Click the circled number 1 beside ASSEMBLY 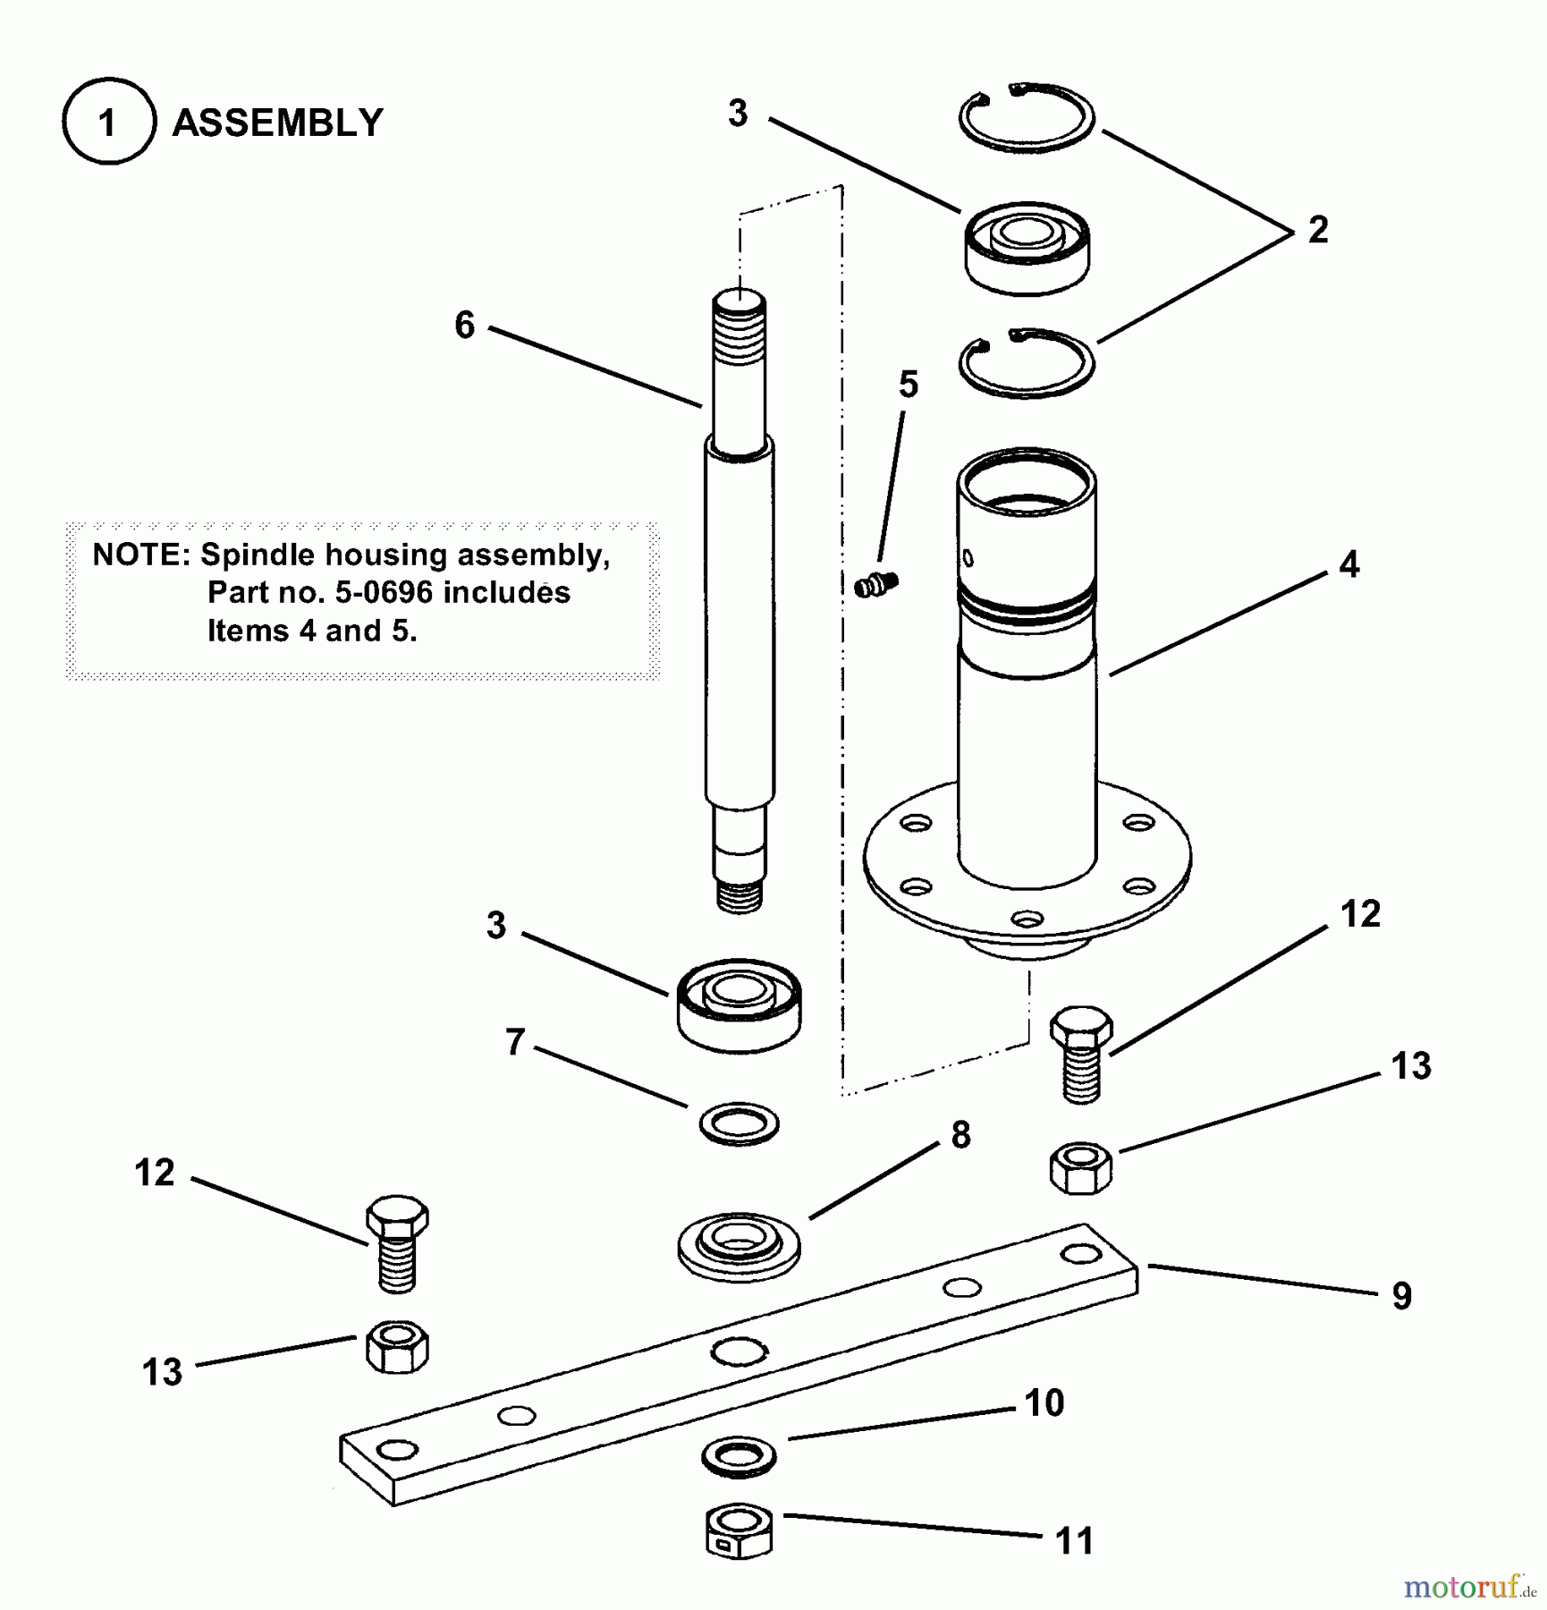pyautogui.click(x=108, y=123)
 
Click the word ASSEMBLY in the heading pyautogui.click(x=277, y=123)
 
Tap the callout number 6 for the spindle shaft pyautogui.click(x=464, y=325)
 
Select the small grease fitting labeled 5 pyautogui.click(x=876, y=586)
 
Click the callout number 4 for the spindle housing pyautogui.click(x=1348, y=564)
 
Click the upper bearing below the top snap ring pyautogui.click(x=1027, y=248)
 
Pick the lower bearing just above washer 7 pyautogui.click(x=739, y=1004)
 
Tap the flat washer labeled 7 pyautogui.click(x=739, y=1123)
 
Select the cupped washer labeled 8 pyautogui.click(x=739, y=1246)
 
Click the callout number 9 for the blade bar pyautogui.click(x=1401, y=1296)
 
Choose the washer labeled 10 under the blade pyautogui.click(x=739, y=1457)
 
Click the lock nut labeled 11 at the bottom pyautogui.click(x=739, y=1533)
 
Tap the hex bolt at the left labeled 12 pyautogui.click(x=397, y=1242)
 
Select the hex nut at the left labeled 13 pyautogui.click(x=397, y=1347)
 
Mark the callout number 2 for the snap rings pyautogui.click(x=1317, y=231)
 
